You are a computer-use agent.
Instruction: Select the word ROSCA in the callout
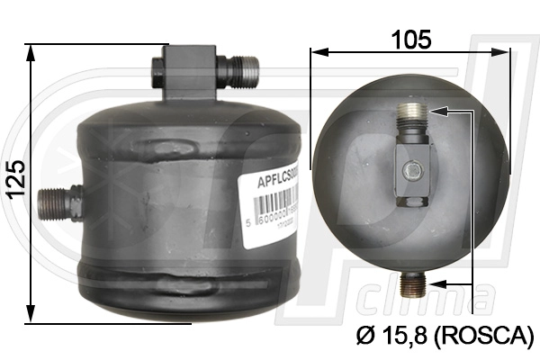pyautogui.click(x=483, y=337)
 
